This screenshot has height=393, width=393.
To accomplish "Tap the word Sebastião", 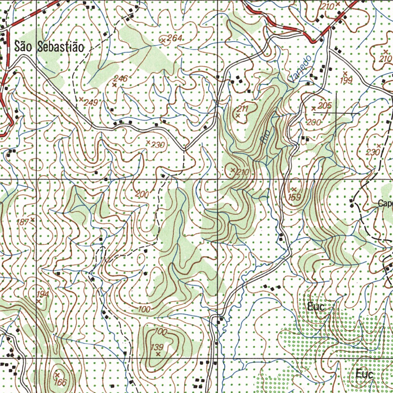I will click(x=60, y=47).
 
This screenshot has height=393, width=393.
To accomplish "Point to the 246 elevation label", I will click(x=121, y=78).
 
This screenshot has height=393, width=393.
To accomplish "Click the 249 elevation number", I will click(x=91, y=102).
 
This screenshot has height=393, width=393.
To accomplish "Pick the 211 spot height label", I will click(x=243, y=109).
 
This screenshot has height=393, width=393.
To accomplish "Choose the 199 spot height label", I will click(x=346, y=80).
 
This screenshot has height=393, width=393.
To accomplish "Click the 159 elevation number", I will click(x=294, y=197).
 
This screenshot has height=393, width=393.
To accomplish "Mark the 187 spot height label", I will click(x=24, y=221).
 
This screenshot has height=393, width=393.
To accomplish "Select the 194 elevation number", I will click(x=43, y=294).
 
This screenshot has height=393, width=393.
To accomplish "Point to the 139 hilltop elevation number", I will click(x=157, y=347).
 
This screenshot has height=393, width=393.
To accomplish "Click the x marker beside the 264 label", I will click(x=163, y=40).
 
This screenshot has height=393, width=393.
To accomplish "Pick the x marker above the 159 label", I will click(x=294, y=189).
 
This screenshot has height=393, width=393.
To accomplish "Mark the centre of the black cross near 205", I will click(x=336, y=114).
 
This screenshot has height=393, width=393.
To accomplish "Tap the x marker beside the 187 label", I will click(x=33, y=220).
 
